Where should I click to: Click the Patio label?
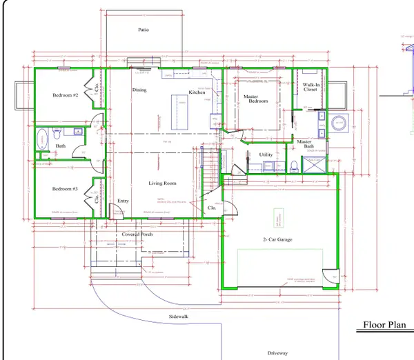pyautogui.click(x=143, y=30)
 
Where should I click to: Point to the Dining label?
pyautogui.click(x=139, y=90)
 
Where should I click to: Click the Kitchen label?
pyautogui.click(x=197, y=92)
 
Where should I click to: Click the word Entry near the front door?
pyautogui.click(x=123, y=201)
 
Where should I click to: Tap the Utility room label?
pyautogui.click(x=266, y=155)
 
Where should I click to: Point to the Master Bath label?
pyautogui.click(x=304, y=144)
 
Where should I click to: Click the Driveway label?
pyautogui.click(x=278, y=352)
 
